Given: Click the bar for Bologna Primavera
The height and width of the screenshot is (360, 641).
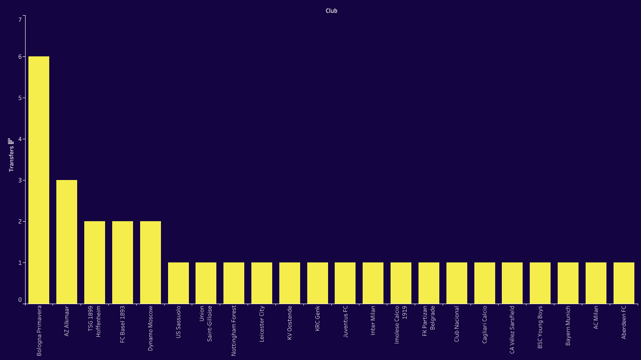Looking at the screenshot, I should point(39,180).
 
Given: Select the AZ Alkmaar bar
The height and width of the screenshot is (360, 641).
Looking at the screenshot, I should point(67,242).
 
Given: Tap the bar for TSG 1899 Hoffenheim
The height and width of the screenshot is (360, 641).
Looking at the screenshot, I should point(95,262).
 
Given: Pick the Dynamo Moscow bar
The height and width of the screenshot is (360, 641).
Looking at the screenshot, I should point(151,262).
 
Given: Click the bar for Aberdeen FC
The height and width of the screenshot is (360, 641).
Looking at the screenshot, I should point(624,283).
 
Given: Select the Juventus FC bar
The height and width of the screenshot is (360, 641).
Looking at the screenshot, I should point(345,283).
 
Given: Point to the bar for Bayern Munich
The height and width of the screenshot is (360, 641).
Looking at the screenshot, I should point(568,283).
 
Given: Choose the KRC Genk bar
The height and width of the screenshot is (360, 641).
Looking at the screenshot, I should point(318,283).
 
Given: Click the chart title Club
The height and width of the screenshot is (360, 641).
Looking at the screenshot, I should point(331,11).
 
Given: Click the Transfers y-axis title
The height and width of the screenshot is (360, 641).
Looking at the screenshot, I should point(11,159).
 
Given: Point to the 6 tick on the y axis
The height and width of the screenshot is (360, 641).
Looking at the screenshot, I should point(20,57).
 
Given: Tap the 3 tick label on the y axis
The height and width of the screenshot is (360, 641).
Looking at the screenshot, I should point(20,180).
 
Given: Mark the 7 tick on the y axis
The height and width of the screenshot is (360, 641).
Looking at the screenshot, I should point(20,19).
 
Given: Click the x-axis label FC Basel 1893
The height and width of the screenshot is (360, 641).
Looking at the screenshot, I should point(123,324).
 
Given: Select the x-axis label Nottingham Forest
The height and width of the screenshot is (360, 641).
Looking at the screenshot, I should point(234,331).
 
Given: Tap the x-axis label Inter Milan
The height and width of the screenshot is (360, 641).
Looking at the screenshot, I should point(373,321).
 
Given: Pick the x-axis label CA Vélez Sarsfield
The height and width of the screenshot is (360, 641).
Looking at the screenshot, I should point(512,330).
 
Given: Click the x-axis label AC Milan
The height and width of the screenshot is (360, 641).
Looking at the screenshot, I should point(596,317).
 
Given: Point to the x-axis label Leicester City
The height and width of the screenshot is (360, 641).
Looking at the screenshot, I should point(262,324).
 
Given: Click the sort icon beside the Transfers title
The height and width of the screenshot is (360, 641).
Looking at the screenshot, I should point(11,141).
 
